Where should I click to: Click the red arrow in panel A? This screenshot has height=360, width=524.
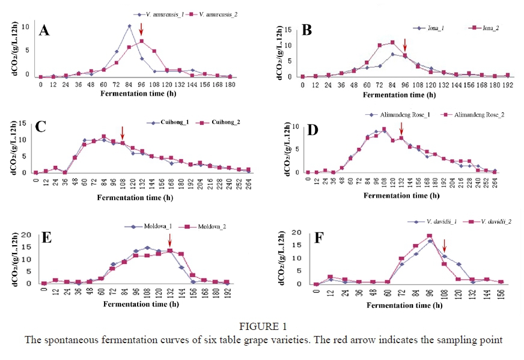point(141,29)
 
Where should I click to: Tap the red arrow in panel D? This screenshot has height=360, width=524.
point(401,127)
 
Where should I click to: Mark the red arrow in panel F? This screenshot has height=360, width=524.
point(444,246)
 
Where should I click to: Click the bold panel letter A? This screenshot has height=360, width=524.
point(44,31)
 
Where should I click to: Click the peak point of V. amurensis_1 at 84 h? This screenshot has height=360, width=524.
point(129,26)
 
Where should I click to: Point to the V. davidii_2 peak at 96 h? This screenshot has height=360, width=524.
point(430,236)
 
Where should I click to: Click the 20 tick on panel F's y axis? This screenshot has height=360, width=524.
point(306,232)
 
